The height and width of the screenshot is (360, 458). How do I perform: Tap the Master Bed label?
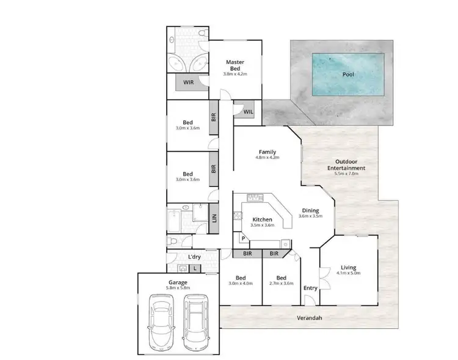[235, 65]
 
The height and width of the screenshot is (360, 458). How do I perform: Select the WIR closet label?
[189, 82]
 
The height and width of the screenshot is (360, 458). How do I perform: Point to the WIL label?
[248, 112]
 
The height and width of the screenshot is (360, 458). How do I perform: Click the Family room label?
[267, 152]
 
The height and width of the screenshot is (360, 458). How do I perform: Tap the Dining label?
[310, 210]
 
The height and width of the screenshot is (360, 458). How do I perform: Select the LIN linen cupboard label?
[214, 218]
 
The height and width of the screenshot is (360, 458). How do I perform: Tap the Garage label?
[178, 282]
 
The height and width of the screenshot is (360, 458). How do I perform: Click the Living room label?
[349, 268]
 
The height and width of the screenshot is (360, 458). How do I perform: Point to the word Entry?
[310, 288]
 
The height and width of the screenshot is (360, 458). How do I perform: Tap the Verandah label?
[309, 318]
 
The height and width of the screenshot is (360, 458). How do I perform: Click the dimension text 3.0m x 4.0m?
[241, 283]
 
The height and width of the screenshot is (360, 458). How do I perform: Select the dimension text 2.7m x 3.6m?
[281, 283]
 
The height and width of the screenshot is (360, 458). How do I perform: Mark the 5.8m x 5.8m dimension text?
[178, 288]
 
